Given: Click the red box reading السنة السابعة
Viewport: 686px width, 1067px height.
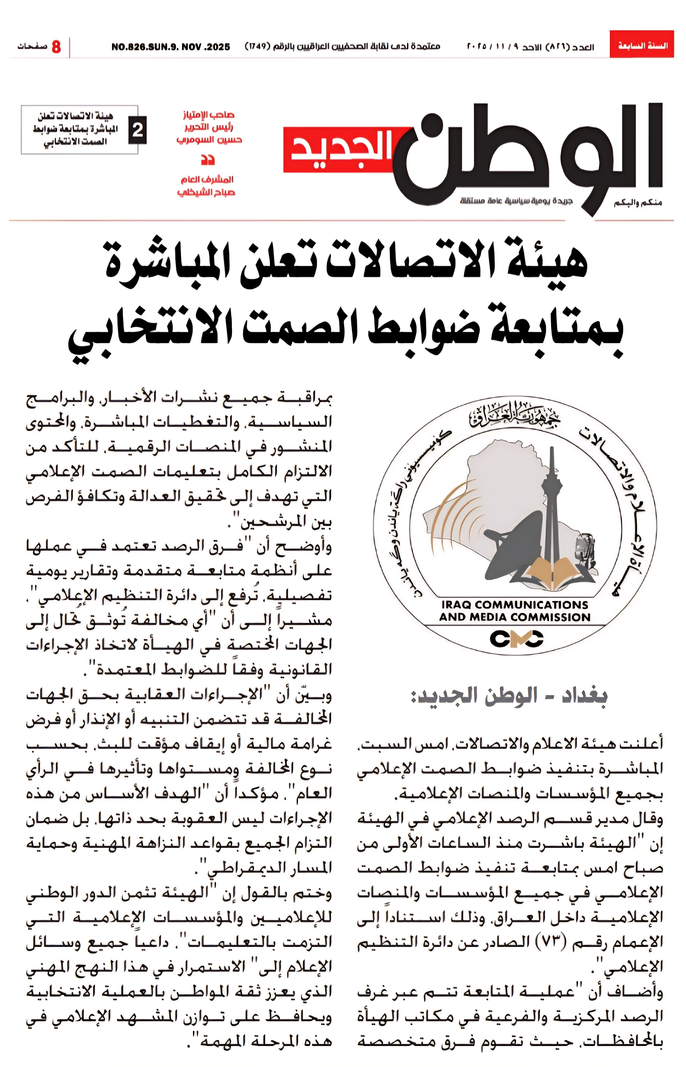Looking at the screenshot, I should point(642,44).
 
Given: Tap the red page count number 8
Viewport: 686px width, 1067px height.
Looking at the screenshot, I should point(56,46).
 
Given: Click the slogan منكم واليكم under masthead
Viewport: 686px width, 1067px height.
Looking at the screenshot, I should point(638,203).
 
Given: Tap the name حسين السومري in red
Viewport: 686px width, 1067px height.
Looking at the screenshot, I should point(209,140).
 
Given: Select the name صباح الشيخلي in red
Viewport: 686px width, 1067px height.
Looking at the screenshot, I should point(206,193).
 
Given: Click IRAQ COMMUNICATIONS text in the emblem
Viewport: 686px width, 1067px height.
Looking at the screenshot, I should point(514,605).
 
